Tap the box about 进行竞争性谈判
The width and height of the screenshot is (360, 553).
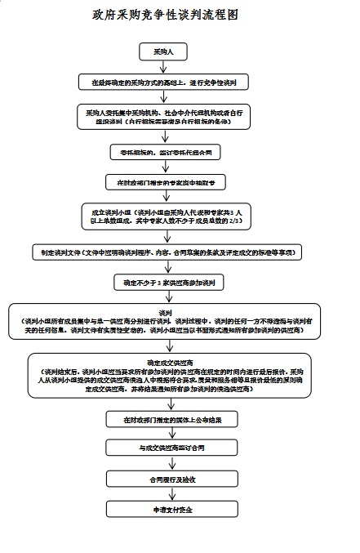point(169,83)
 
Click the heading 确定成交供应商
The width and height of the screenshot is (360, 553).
point(169,361)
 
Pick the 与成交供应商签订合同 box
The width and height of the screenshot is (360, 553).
point(169,448)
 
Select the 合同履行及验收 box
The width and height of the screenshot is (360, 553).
point(169,479)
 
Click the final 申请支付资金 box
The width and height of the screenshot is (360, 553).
point(169,509)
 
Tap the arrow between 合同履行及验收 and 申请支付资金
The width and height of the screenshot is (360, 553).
point(169,493)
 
